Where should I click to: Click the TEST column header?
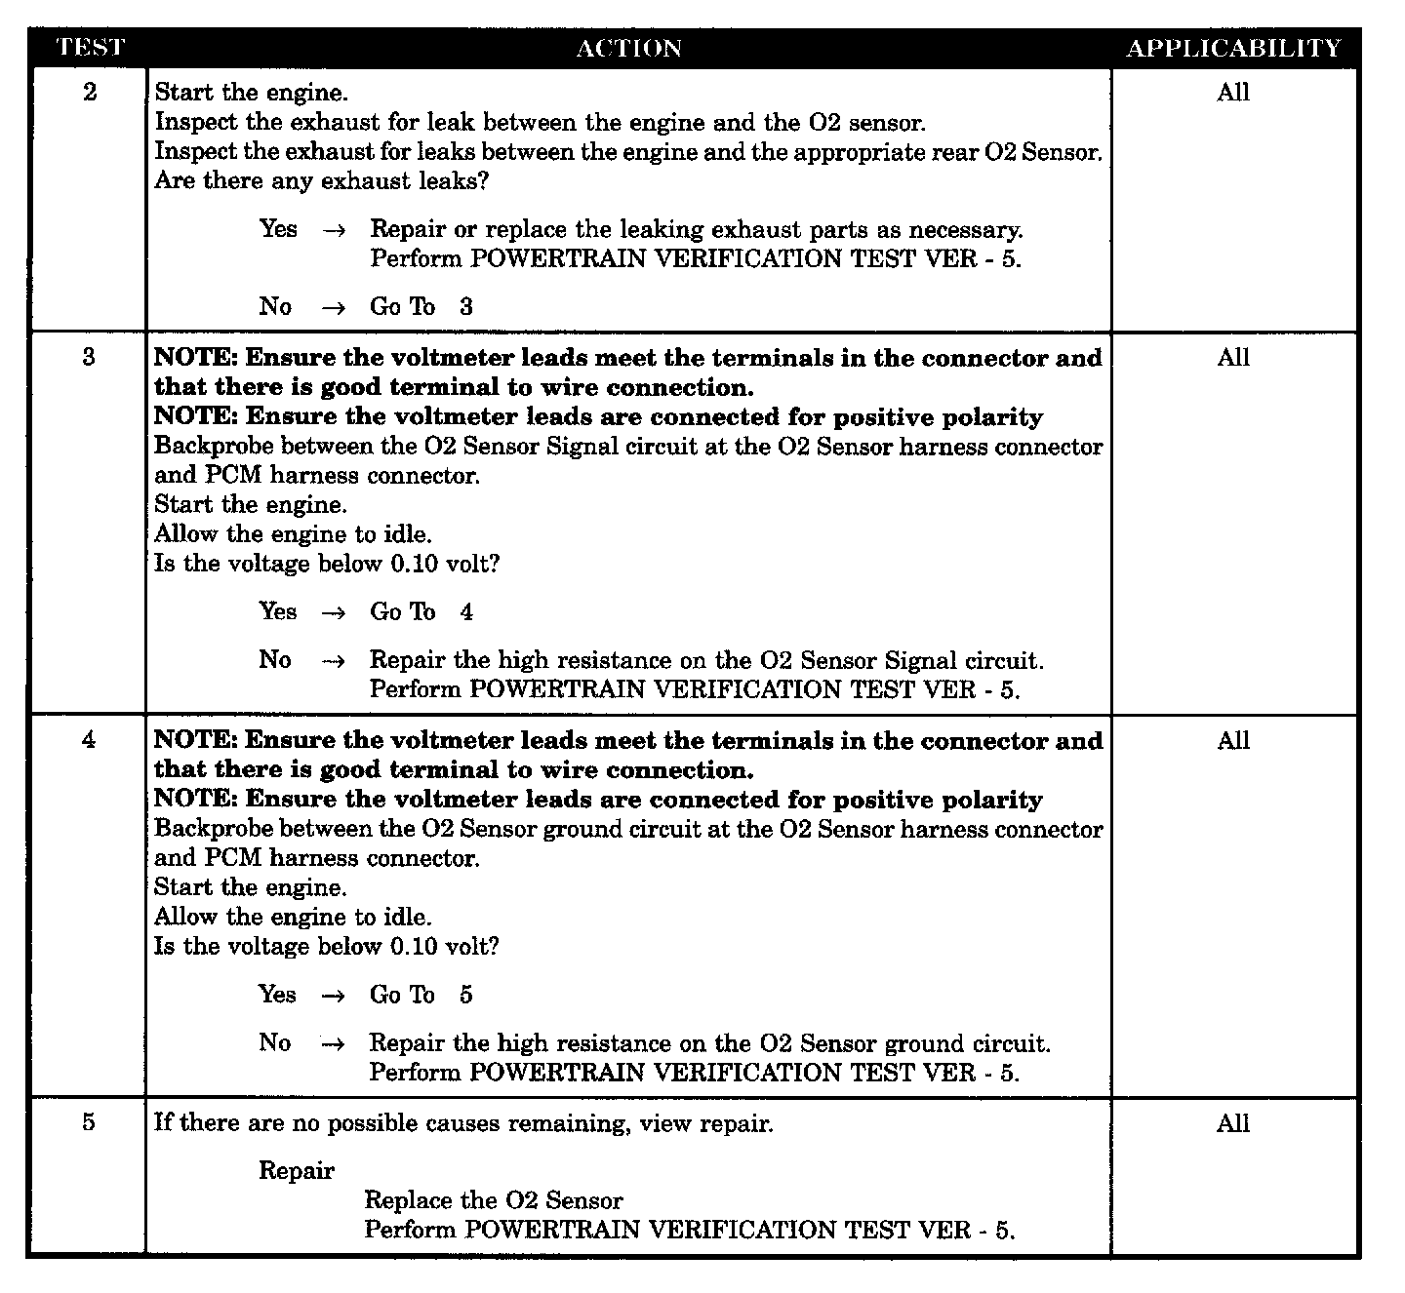(x=90, y=48)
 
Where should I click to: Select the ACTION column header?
(x=628, y=49)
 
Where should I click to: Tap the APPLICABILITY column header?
(x=1233, y=49)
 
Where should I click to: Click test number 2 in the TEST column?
(x=90, y=93)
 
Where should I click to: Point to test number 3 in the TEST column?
(x=90, y=357)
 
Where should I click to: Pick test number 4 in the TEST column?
(x=90, y=740)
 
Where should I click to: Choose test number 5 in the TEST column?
(x=90, y=1122)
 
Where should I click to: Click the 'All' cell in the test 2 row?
(x=1233, y=93)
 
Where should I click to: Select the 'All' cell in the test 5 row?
(x=1233, y=1123)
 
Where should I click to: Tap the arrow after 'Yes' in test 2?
(x=334, y=230)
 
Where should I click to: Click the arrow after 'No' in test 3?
(x=334, y=660)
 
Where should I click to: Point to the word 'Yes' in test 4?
(x=278, y=994)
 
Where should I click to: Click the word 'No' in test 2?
(x=275, y=306)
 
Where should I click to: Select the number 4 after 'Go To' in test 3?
(x=466, y=612)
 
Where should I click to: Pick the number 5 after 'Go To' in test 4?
(x=466, y=995)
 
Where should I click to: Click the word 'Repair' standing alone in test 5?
(x=297, y=1171)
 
